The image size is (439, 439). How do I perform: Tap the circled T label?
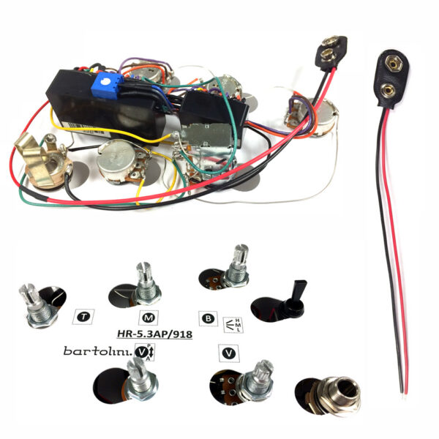point(83,317)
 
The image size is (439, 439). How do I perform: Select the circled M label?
point(149,318)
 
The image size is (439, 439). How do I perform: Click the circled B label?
point(208,318)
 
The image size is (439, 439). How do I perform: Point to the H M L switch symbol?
point(233,325)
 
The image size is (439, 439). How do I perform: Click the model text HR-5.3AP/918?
point(154,334)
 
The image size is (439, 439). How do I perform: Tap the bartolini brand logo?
point(98,351)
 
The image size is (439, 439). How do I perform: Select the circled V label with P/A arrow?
point(145,352)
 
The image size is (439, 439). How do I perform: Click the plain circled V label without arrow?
point(229,353)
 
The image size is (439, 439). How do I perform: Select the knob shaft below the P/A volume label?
point(140,379)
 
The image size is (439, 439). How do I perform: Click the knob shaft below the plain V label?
point(255,381)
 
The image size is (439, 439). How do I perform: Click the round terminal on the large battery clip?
point(389,89)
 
